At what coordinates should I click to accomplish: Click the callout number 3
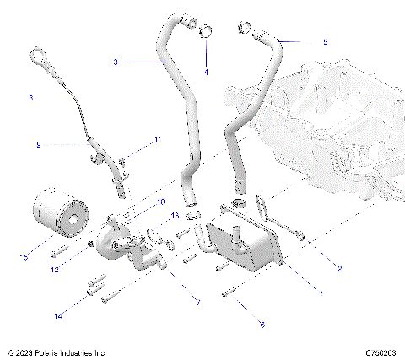pos(116,62)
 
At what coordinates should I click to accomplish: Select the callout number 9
pos(38,145)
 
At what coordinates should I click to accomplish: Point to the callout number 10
pos(160,201)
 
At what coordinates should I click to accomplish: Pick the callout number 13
pos(175,217)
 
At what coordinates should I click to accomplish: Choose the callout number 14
pos(58,316)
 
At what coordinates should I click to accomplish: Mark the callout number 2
pos(339,269)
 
